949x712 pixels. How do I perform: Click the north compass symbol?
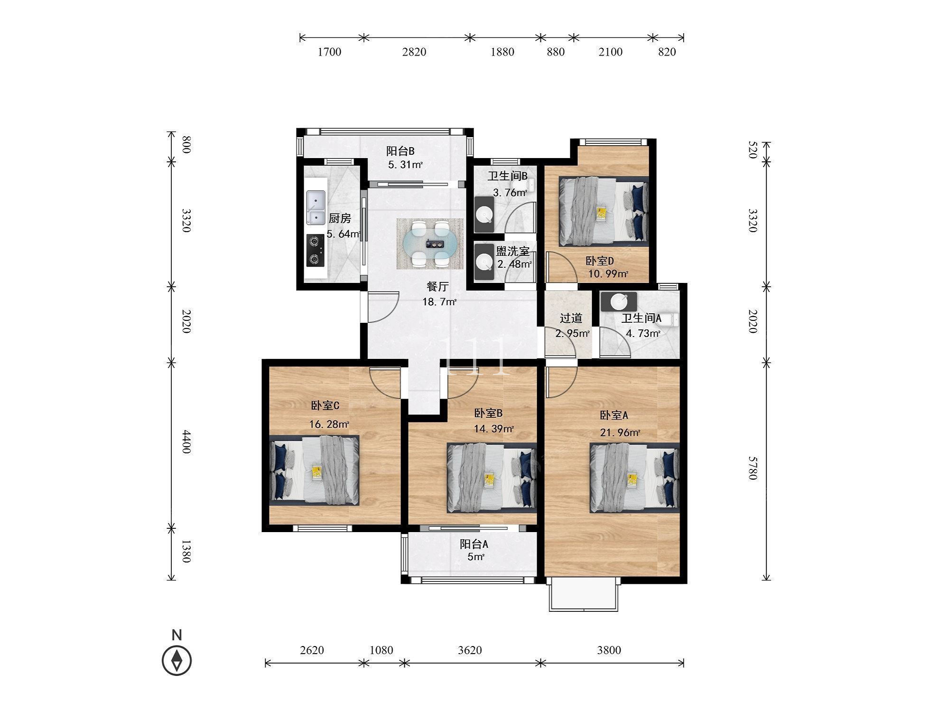(x=177, y=660)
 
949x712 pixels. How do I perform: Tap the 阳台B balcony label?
(x=400, y=151)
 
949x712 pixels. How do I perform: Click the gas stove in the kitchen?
(x=315, y=251)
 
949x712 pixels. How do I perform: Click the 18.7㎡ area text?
(x=439, y=301)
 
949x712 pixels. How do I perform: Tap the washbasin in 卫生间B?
(x=484, y=215)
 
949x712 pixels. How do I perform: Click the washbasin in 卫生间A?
(x=618, y=301)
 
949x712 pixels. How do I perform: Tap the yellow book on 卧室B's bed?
(x=489, y=479)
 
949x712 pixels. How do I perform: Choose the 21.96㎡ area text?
(x=620, y=432)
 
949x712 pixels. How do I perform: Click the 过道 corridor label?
(x=571, y=318)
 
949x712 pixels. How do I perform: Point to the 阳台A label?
(x=474, y=544)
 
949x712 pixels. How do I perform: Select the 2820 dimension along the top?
(x=414, y=52)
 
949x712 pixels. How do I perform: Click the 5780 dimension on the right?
(x=752, y=468)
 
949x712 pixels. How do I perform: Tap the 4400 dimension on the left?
(x=186, y=441)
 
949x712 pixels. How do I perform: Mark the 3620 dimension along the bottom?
(x=470, y=650)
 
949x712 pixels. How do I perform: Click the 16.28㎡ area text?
(x=329, y=424)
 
